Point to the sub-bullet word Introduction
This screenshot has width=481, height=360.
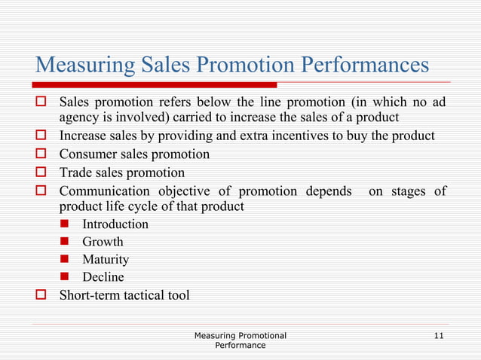115,224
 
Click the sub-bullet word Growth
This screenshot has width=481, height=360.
103,242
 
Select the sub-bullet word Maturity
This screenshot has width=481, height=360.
106,260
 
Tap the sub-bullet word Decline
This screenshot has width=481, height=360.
103,277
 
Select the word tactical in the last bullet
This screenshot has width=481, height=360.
141,295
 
